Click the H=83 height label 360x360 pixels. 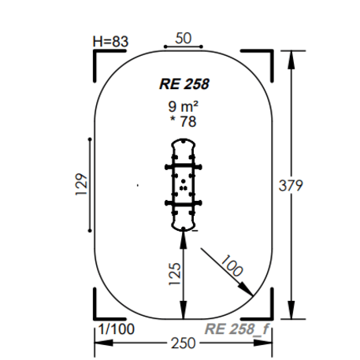tap(110, 42)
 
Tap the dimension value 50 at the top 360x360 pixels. tap(184, 39)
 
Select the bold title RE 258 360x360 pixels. tap(184, 84)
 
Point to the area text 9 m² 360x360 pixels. tap(183, 106)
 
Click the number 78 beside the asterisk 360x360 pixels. tap(188, 121)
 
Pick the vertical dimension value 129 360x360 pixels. tap(81, 184)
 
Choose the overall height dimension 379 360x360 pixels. tap(291, 185)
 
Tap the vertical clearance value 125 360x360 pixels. tap(175, 274)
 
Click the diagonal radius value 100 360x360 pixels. tap(232, 265)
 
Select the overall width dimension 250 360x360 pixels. tap(184, 343)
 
